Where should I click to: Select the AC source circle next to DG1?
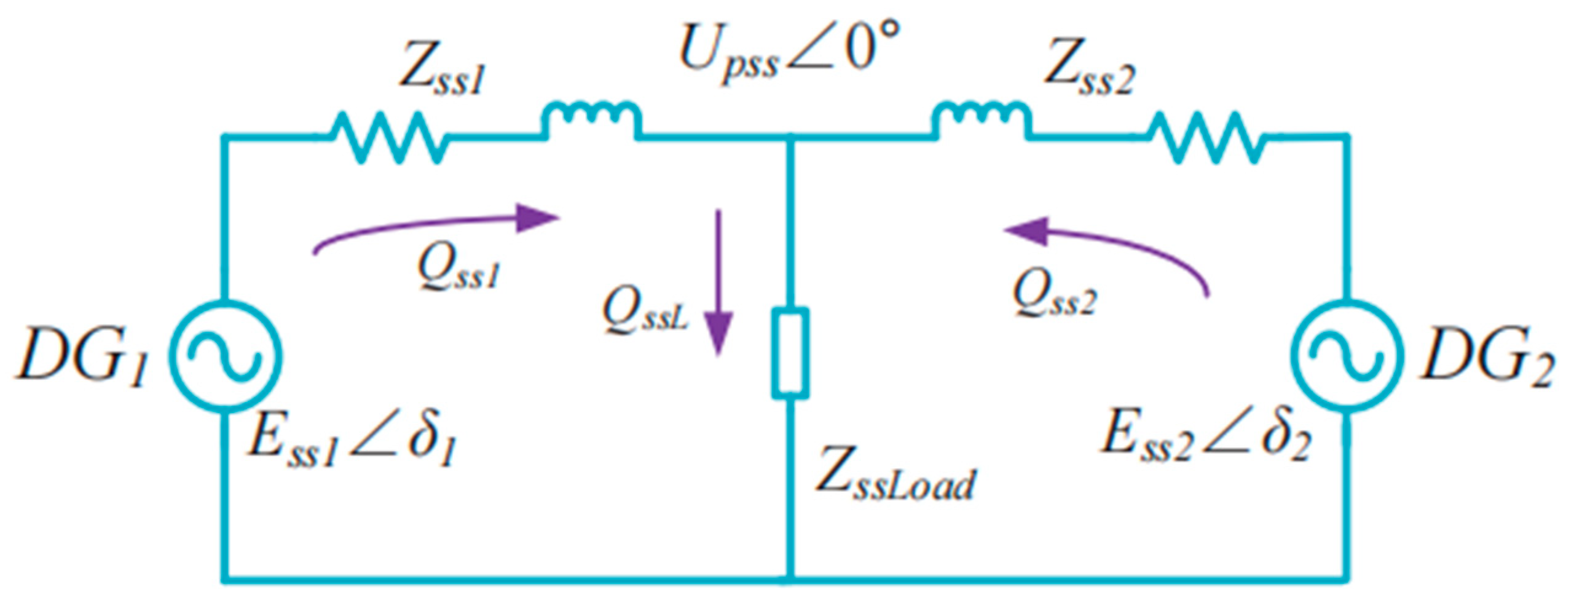click(225, 355)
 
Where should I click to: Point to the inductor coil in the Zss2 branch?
click(981, 120)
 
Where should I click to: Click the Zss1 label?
click(443, 74)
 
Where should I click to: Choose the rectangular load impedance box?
click(790, 353)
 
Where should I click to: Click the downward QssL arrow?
click(718, 283)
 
